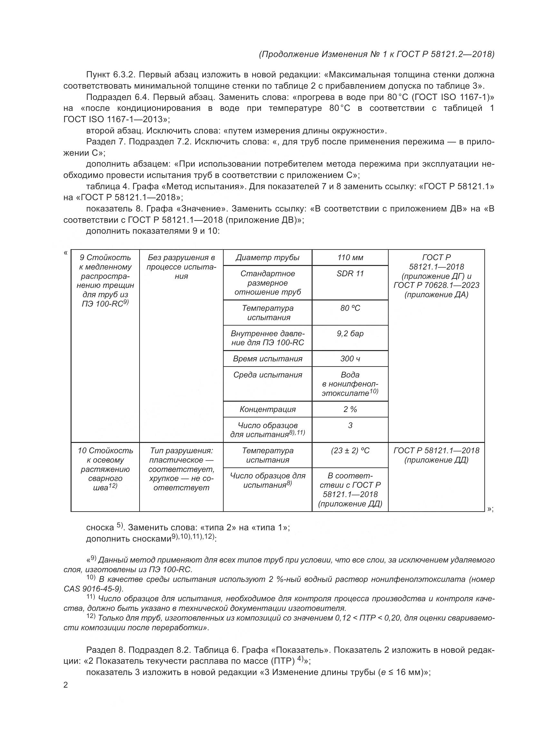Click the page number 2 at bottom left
pos(66,685)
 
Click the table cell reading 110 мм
pos(350,258)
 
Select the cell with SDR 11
pos(350,274)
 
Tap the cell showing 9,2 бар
pos(350,333)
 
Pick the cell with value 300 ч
pos(350,358)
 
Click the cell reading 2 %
pos(350,409)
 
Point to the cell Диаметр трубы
pos(267,258)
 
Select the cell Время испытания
pos(267,358)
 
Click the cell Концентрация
pos(267,409)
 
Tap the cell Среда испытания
pos(267,375)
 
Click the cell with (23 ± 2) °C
pos(350,451)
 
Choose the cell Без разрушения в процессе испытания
pos(181,267)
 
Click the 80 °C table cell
pos(350,308)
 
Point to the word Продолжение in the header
pos(289,54)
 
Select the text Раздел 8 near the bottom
pos(106,650)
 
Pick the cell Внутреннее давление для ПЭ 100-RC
pos(267,338)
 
